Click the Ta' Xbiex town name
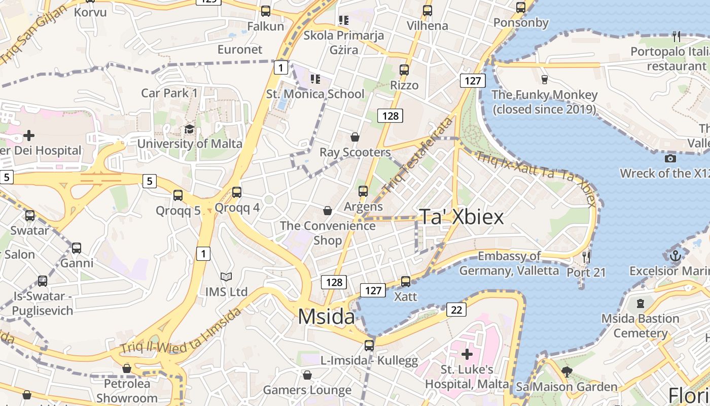pyautogui.click(x=461, y=217)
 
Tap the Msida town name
pyautogui.click(x=327, y=317)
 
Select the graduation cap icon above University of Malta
pyautogui.click(x=189, y=129)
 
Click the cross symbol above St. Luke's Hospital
pyautogui.click(x=467, y=354)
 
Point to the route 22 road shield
pyautogui.click(x=456, y=309)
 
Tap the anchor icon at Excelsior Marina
pyautogui.click(x=674, y=256)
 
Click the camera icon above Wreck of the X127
pyautogui.click(x=670, y=158)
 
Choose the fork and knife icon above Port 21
pyautogui.click(x=586, y=257)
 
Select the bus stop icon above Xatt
pyautogui.click(x=405, y=281)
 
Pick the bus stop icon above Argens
pyautogui.click(x=363, y=191)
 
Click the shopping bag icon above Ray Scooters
pyautogui.click(x=355, y=137)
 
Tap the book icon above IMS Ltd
pyautogui.click(x=226, y=277)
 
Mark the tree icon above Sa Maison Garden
pyautogui.click(x=567, y=372)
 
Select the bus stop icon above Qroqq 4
pyautogui.click(x=237, y=192)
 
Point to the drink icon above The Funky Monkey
pyautogui.click(x=544, y=80)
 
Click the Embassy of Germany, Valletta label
pyautogui.click(x=509, y=263)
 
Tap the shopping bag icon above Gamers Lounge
pyautogui.click(x=307, y=375)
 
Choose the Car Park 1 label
pyautogui.click(x=169, y=93)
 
